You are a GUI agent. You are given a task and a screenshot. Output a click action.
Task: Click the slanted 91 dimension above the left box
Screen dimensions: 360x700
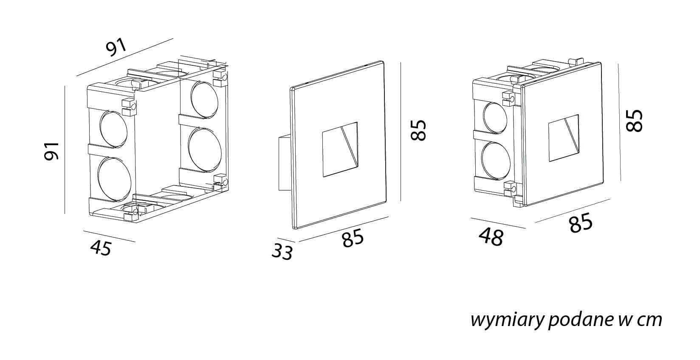coord(116,47)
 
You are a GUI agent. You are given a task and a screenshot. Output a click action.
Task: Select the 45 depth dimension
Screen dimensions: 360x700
coord(101,247)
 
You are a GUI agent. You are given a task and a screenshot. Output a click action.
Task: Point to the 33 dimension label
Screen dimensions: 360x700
coord(282,252)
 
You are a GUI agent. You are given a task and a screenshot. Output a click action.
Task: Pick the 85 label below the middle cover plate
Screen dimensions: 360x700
coord(353,238)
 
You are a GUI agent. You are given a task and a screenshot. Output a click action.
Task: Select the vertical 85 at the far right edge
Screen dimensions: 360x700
coord(635,120)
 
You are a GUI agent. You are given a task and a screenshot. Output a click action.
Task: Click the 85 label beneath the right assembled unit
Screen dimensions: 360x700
coord(581,223)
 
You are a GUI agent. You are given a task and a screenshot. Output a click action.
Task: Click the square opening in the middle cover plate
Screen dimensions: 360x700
coord(340,149)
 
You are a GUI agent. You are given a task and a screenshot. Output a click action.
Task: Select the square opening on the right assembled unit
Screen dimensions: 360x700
coord(563,138)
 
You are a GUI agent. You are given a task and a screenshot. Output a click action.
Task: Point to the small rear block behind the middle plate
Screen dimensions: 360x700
coord(284,163)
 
